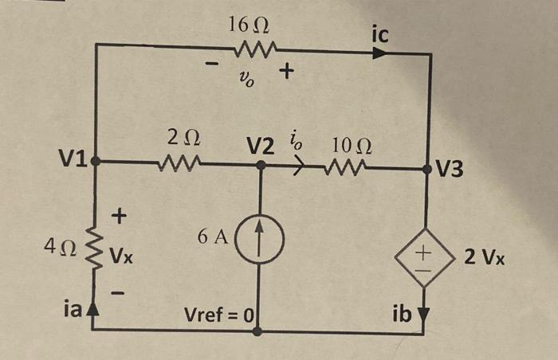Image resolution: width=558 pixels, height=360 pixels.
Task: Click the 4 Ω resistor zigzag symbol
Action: pyautogui.click(x=97, y=251)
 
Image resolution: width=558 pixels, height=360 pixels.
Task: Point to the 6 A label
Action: pyautogui.click(x=214, y=236)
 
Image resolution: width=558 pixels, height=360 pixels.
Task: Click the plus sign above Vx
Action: pyautogui.click(x=120, y=214)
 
